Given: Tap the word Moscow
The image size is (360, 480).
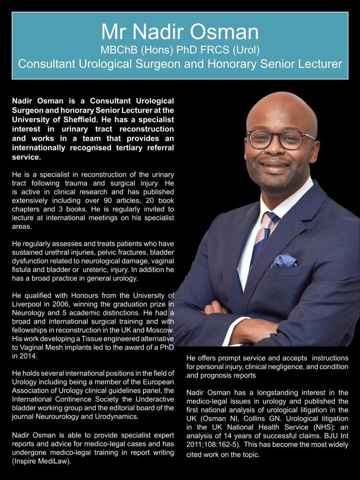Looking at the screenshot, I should click(157, 330).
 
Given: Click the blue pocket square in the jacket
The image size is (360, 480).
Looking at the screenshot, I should click(284, 261).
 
